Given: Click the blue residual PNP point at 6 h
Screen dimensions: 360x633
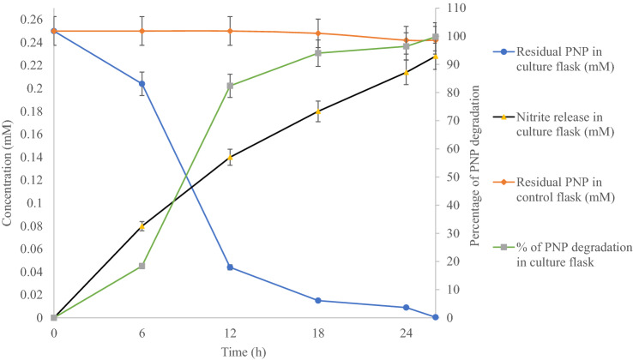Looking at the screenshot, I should (142, 84).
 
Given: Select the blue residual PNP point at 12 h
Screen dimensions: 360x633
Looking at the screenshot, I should (230, 267).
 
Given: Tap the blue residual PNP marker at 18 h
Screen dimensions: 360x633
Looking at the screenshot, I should (318, 301).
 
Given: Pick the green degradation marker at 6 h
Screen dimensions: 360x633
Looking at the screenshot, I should (142, 266).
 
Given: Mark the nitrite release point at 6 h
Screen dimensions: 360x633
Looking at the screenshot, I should (142, 226).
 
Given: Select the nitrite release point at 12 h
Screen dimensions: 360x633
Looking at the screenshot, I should (230, 158).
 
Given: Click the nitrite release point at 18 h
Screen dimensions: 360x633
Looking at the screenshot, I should (318, 112).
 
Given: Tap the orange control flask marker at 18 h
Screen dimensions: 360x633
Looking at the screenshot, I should (318, 33).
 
